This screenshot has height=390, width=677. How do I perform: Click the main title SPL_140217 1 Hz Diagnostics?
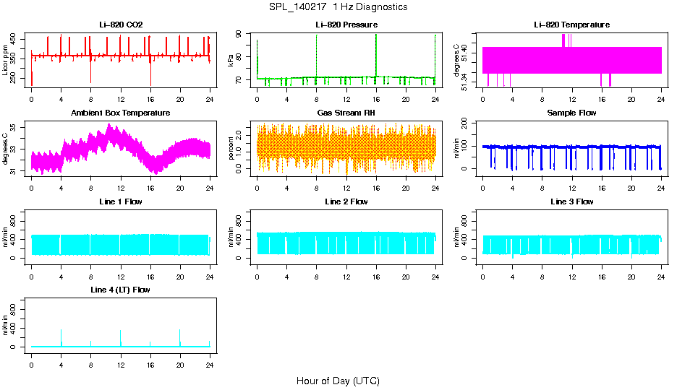[338, 7]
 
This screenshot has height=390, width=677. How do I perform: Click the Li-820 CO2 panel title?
[121, 25]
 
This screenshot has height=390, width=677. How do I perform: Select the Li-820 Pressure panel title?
[346, 25]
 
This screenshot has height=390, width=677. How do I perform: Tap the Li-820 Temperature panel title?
[571, 25]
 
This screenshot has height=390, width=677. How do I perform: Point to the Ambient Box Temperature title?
[121, 113]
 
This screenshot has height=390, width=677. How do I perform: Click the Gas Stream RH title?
[346, 113]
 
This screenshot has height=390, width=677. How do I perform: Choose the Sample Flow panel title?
[571, 113]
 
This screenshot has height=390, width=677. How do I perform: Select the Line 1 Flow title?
[121, 201]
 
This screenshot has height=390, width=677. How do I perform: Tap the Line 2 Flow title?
[346, 201]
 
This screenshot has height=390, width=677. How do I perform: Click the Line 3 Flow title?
[571, 201]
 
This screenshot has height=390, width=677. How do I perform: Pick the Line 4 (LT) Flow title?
[121, 290]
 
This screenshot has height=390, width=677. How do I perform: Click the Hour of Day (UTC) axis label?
[338, 381]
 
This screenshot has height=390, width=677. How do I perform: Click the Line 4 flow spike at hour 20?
[180, 337]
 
